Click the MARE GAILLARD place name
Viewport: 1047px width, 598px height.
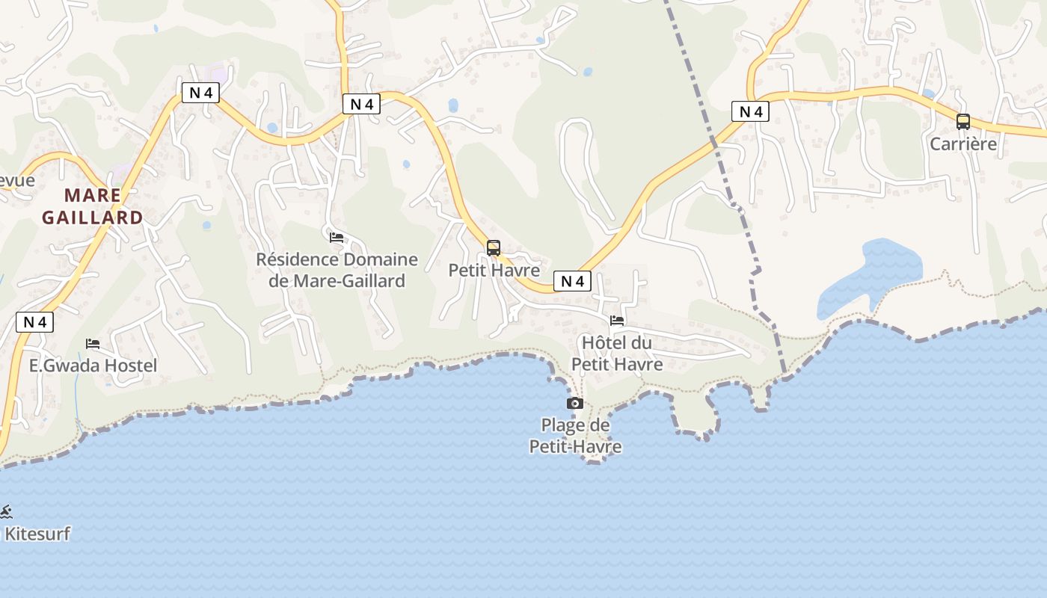[x=93, y=206]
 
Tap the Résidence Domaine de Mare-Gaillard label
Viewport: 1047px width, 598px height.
[x=337, y=270]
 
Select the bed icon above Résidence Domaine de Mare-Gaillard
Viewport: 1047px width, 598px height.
[x=337, y=238]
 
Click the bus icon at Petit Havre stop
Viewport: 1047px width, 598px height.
[x=494, y=248]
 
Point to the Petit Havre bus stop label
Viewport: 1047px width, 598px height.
[x=494, y=270]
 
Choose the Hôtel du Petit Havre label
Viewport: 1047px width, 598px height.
[x=617, y=353]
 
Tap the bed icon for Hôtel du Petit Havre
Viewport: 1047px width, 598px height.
[x=617, y=321]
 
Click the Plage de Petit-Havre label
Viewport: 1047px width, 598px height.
[x=575, y=436]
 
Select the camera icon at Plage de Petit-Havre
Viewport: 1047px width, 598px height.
[x=575, y=404]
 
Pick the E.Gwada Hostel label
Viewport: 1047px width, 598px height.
[x=93, y=366]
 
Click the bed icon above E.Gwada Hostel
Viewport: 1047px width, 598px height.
[x=93, y=344]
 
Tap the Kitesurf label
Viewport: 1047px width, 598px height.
[x=37, y=534]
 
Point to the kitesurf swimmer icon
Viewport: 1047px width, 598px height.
[x=6, y=512]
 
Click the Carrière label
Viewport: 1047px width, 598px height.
[x=963, y=144]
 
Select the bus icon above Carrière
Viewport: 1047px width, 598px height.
[x=963, y=121]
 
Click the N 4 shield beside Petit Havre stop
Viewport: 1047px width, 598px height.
[x=572, y=281]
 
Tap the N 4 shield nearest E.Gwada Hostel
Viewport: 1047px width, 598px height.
[x=35, y=322]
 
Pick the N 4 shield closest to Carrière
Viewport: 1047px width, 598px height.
[x=750, y=112]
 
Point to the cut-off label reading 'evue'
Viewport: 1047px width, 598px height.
[x=16, y=180]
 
